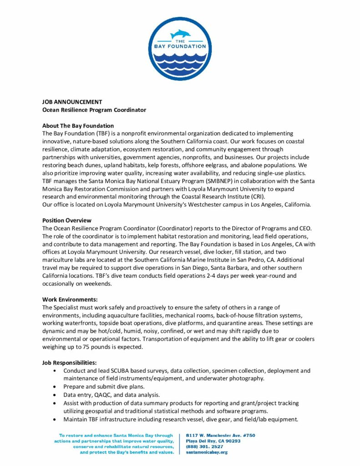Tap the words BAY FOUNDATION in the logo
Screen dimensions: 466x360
click(x=180, y=46)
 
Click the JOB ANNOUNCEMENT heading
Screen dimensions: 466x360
click(x=72, y=102)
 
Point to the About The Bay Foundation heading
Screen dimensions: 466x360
click(x=78, y=126)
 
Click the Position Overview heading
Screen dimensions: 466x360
click(x=66, y=220)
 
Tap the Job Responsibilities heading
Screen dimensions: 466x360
click(x=69, y=363)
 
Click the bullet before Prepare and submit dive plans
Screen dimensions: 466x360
click(x=55, y=386)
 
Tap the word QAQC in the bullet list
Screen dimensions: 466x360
click(x=104, y=395)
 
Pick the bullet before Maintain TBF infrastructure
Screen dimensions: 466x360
click(x=55, y=419)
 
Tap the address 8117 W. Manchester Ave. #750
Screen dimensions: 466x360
click(x=220, y=436)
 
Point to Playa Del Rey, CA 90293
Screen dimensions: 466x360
click(x=213, y=441)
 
